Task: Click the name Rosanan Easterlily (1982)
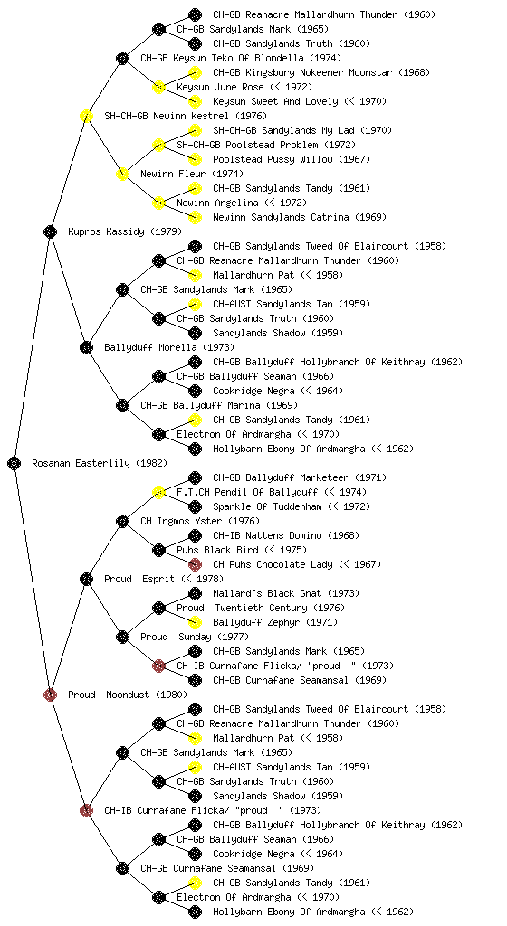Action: click(100, 464)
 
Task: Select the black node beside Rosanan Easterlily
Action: click(14, 464)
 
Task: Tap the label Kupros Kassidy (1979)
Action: click(117, 232)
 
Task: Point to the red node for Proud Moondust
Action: click(50, 695)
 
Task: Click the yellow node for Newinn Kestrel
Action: click(86, 117)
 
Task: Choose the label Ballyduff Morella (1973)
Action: click(169, 348)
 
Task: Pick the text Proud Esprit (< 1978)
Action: click(164, 580)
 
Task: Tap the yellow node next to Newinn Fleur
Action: click(122, 175)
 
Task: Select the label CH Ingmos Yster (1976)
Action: click(200, 522)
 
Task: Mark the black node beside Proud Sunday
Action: click(122, 638)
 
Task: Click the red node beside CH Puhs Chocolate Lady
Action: click(195, 565)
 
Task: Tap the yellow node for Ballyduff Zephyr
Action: click(195, 623)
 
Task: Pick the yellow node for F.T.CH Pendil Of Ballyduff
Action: click(158, 493)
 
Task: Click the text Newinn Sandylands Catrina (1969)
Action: click(300, 218)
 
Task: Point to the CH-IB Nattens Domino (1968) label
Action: click(286, 536)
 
